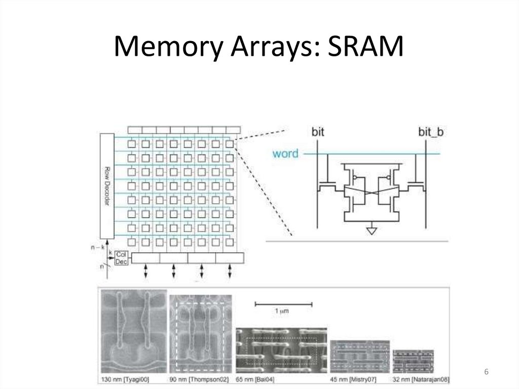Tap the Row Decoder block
pos(107,186)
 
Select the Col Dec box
pos(121,258)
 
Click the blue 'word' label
pos(285,153)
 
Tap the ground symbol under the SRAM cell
pos(372,231)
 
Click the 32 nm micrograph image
pos(413,361)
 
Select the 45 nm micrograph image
pos(359,357)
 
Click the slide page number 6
pos(487,373)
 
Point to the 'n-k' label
pos(95,248)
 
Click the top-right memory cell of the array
pos(230,145)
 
